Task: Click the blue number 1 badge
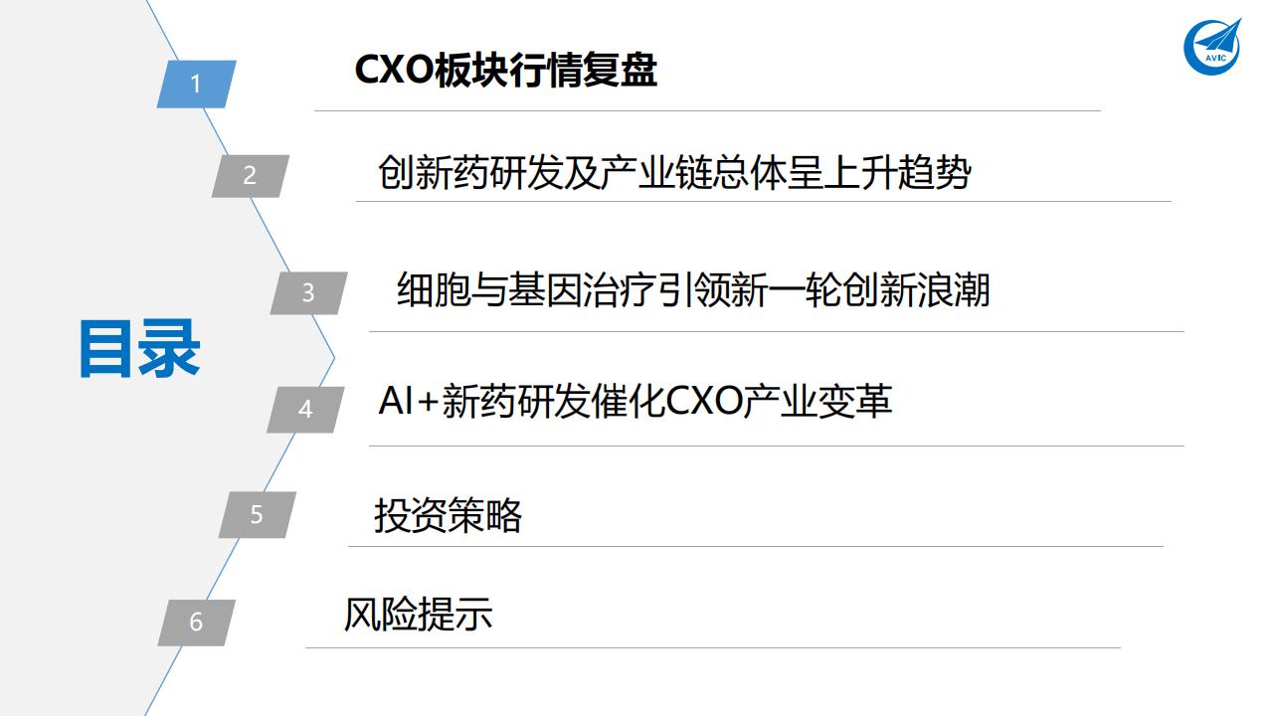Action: point(196,84)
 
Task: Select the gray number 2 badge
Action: point(250,176)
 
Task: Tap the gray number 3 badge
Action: point(308,293)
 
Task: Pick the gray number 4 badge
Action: point(305,409)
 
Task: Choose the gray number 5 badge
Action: point(257,515)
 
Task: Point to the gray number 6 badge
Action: point(196,623)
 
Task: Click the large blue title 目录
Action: point(139,349)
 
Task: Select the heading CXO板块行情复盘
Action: point(505,72)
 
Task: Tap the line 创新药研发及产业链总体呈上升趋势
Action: point(673,173)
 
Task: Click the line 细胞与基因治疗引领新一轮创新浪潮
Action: point(692,291)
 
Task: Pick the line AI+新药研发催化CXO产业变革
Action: point(635,401)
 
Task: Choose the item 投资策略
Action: point(448,515)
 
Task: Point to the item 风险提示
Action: point(418,615)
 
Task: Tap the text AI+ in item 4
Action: point(408,401)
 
